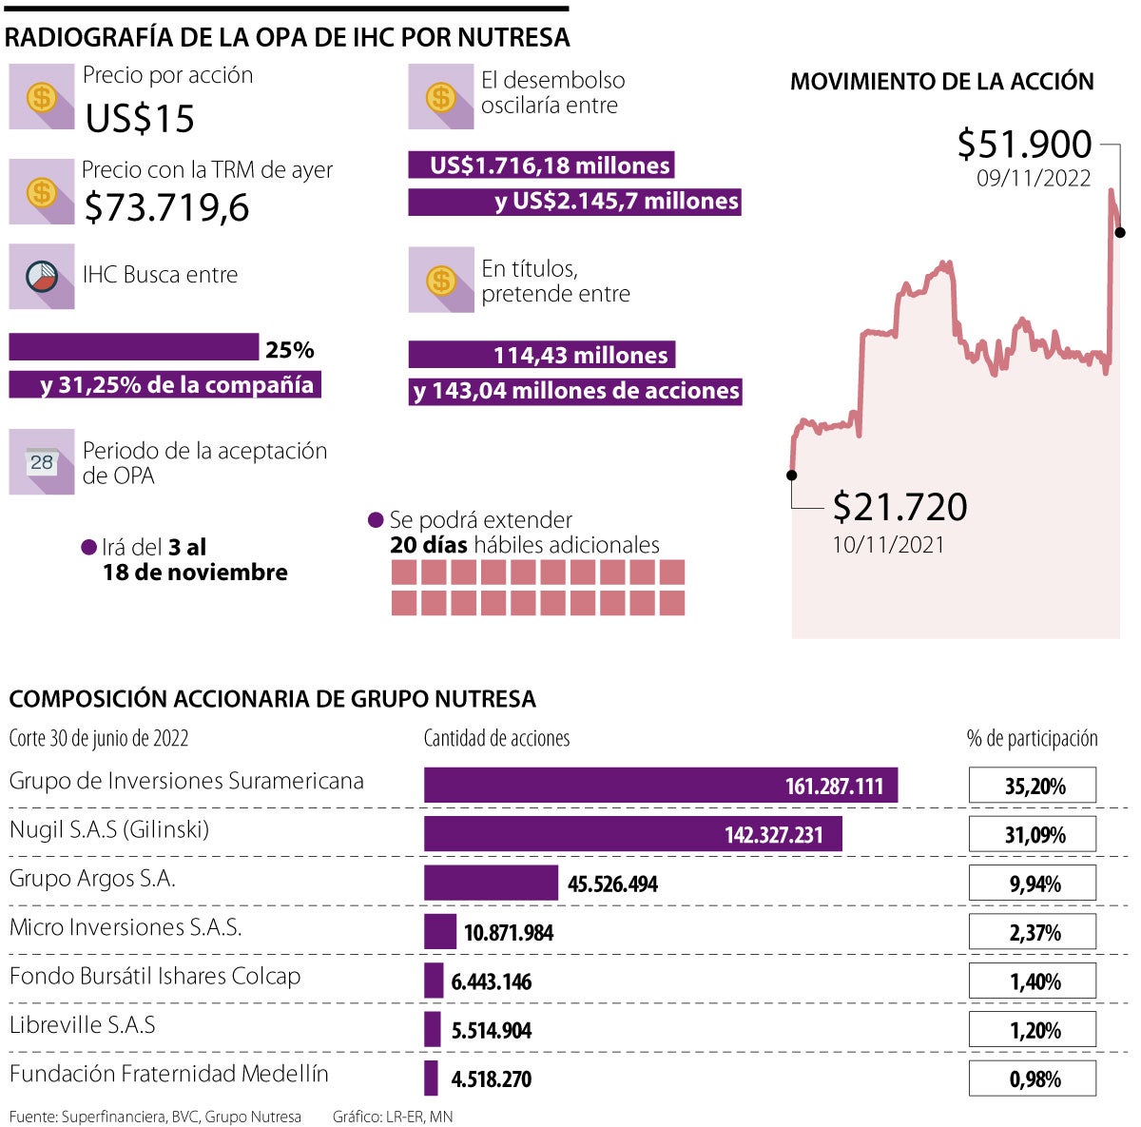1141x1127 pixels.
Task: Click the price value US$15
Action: (x=140, y=119)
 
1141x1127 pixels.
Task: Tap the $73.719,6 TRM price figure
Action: (x=166, y=207)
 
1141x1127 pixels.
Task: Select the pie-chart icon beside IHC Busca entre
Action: (x=41, y=276)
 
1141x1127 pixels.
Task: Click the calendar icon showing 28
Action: (x=41, y=462)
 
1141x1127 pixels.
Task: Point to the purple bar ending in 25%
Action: (x=133, y=347)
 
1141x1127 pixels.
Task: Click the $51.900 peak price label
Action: (x=1024, y=145)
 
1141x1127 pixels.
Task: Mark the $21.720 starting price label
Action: (x=899, y=507)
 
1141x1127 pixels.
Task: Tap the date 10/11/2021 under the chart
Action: (x=888, y=545)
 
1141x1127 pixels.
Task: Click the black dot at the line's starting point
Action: (x=792, y=475)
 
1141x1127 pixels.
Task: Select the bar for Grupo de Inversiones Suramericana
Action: (x=660, y=786)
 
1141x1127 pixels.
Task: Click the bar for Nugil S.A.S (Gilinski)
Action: (x=632, y=834)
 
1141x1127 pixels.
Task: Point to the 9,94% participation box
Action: (x=1033, y=884)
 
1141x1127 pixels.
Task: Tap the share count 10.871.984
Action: (x=509, y=933)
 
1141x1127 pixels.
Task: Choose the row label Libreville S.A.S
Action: (x=82, y=1025)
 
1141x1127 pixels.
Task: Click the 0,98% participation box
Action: (x=1033, y=1078)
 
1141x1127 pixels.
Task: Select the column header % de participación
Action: (x=1032, y=739)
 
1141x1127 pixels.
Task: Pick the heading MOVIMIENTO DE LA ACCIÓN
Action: (x=941, y=82)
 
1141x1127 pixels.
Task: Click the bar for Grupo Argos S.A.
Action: (x=491, y=883)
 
